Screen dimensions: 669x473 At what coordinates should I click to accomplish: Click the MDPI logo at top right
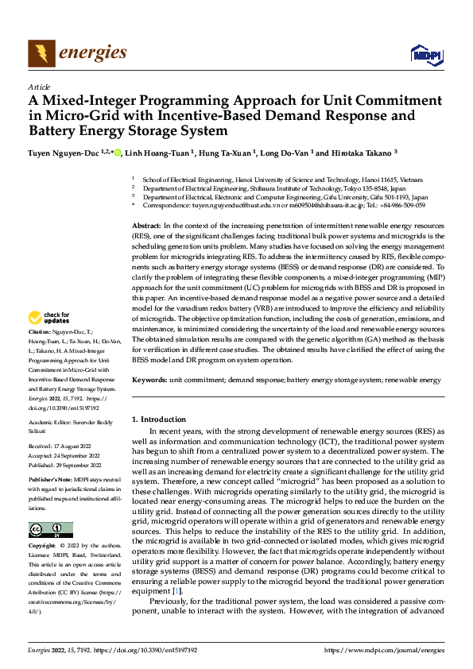pos(427,54)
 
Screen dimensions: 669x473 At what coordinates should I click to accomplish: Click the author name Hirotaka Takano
pos(341,153)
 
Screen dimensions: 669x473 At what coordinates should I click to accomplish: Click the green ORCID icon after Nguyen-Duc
pos(118,153)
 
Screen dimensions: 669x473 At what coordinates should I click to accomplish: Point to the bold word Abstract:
pos(147,226)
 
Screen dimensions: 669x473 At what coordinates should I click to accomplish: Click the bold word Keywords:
pos(150,381)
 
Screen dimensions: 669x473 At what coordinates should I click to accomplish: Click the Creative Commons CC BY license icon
pos(50,529)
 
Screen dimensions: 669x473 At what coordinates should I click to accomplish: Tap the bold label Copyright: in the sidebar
pos(43,547)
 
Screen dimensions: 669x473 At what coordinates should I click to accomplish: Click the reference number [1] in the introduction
pos(179,591)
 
